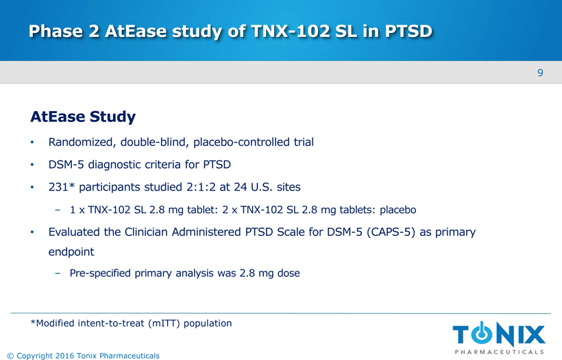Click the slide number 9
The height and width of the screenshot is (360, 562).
[540, 73]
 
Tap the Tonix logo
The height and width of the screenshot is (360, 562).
[499, 338]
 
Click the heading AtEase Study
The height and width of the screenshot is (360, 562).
[83, 117]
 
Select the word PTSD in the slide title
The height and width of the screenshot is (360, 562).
[408, 31]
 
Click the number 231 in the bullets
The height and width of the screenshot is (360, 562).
[58, 187]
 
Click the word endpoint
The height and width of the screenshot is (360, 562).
[71, 252]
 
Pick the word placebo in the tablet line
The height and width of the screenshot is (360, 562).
[398, 210]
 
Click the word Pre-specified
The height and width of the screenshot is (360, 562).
[100, 273]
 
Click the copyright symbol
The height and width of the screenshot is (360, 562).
[10, 356]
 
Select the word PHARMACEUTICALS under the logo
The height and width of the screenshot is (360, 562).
[499, 352]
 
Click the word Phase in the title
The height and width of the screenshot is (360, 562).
[56, 31]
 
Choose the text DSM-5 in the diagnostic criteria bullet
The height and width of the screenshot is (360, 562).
[66, 165]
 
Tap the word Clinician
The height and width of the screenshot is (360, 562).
[146, 232]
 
